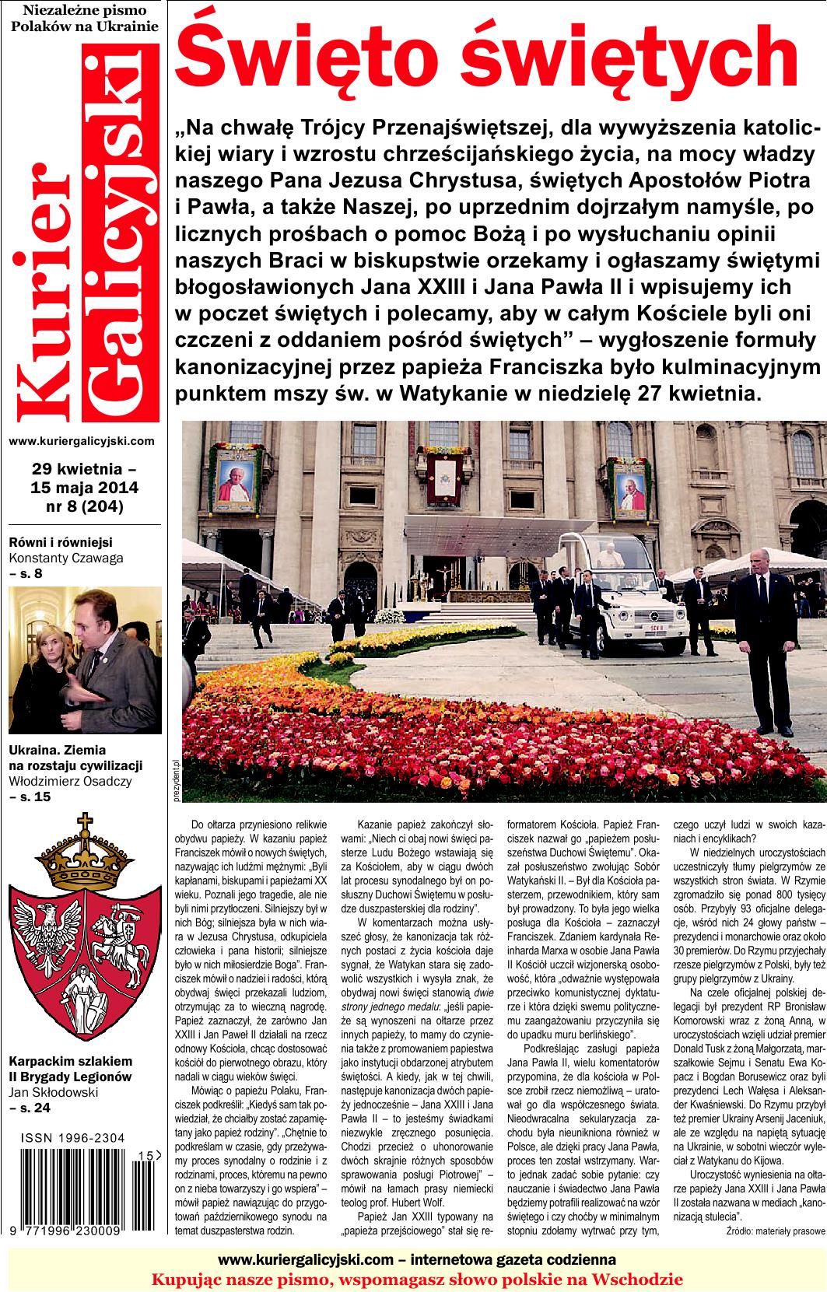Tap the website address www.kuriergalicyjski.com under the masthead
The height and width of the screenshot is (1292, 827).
pyautogui.click(x=82, y=441)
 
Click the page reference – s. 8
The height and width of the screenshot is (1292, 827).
pyautogui.click(x=26, y=573)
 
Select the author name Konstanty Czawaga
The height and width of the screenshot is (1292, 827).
pyautogui.click(x=66, y=557)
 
